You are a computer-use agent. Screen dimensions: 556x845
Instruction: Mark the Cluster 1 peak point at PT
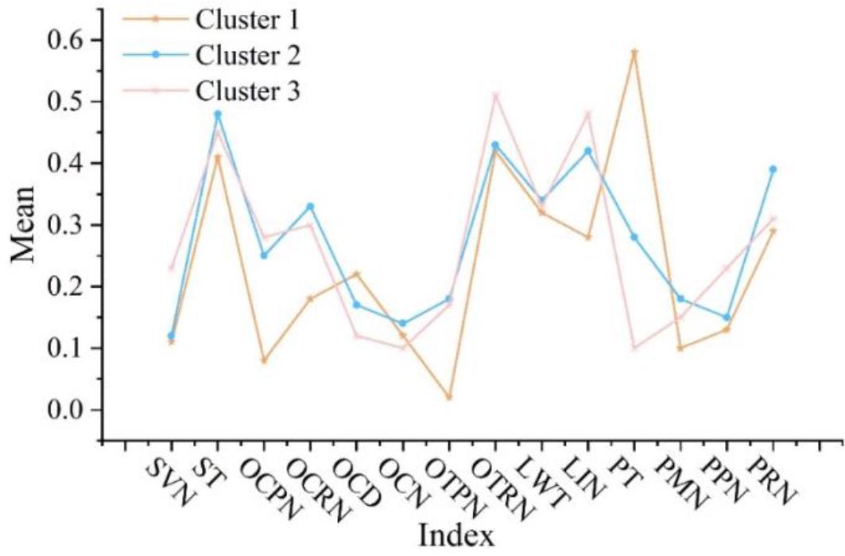[x=634, y=52]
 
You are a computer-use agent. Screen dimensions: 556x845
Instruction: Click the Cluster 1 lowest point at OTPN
[x=449, y=397]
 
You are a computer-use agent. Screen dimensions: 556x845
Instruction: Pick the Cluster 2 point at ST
[x=217, y=114]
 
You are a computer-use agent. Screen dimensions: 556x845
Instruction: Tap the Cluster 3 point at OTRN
[x=495, y=95]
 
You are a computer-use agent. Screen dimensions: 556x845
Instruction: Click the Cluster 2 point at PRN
[x=773, y=169]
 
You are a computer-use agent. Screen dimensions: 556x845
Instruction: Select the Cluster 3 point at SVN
[x=171, y=268]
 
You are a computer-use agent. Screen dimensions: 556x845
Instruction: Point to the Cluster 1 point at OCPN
[x=264, y=360]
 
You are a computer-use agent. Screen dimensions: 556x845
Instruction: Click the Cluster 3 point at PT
[x=634, y=348]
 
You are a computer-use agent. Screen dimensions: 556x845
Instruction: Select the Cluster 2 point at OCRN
[x=310, y=206]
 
